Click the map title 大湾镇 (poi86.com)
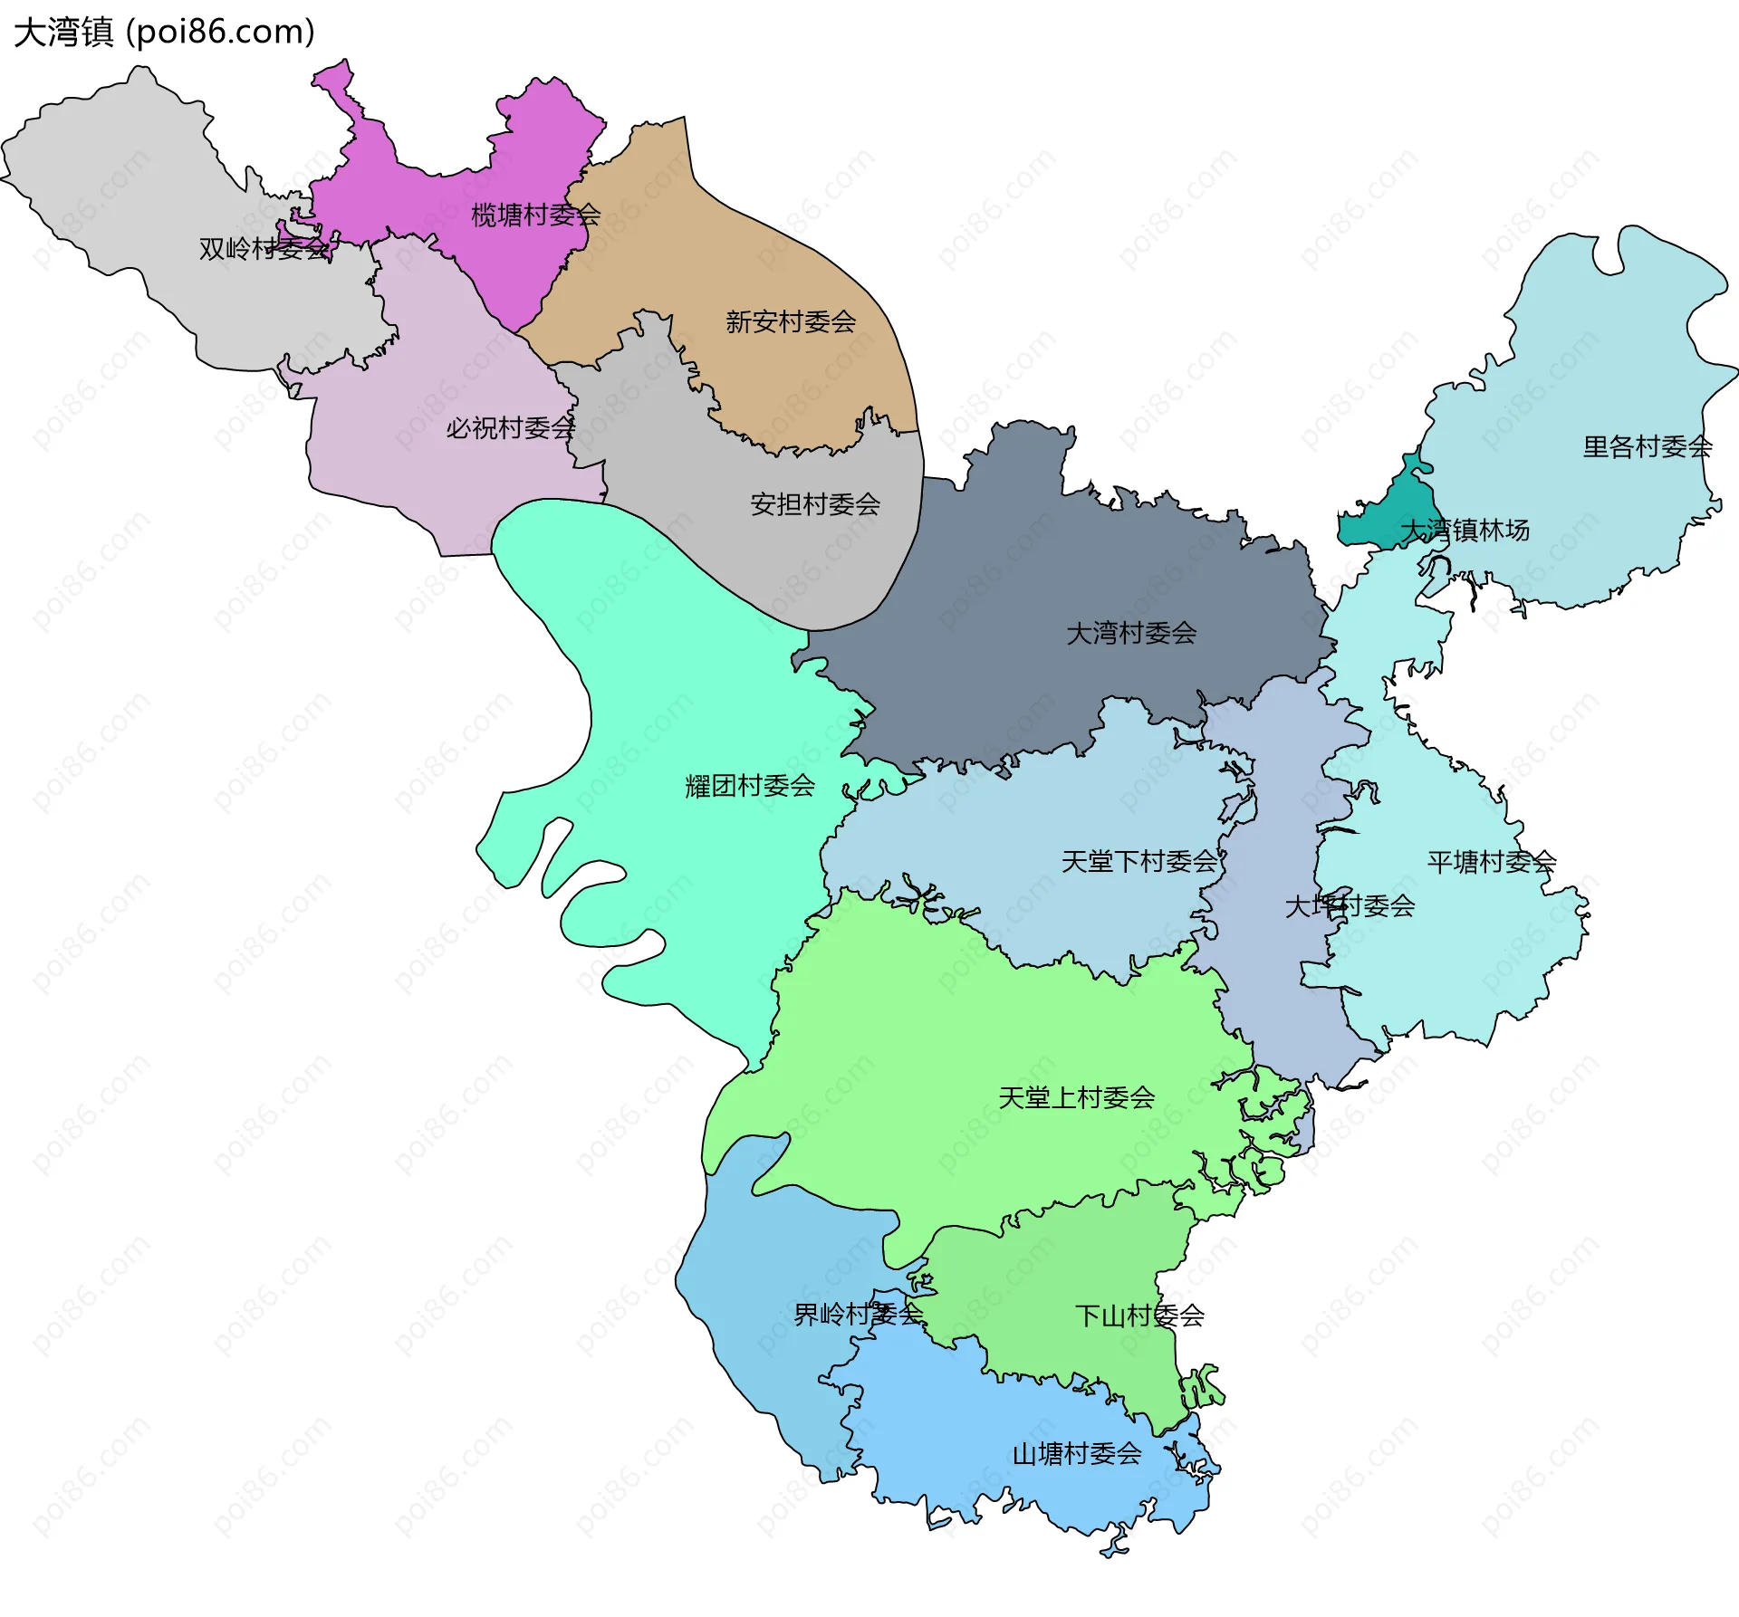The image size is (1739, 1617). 164,32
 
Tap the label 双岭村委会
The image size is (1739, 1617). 264,248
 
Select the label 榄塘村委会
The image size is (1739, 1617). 535,215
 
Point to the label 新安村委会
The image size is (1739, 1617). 790,321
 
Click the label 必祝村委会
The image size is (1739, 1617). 510,427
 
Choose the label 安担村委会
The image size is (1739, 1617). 814,504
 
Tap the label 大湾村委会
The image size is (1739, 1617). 1130,633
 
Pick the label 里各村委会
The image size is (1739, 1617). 1647,446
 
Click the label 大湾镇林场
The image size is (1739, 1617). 1465,530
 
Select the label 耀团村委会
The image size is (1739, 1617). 749,786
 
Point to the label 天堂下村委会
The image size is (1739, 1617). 1139,861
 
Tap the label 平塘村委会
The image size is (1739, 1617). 1491,862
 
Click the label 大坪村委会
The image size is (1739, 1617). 1349,905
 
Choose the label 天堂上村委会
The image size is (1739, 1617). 1076,1097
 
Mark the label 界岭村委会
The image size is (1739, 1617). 857,1314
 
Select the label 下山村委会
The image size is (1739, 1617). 1139,1316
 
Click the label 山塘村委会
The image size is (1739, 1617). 1076,1454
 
